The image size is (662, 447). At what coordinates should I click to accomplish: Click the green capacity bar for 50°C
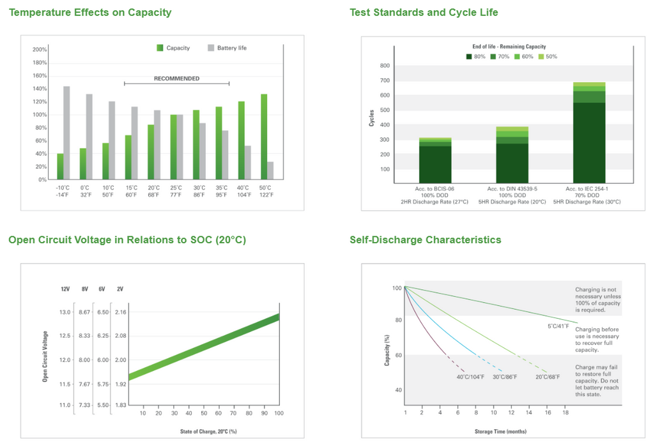263,137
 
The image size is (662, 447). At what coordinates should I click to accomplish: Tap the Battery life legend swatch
212,48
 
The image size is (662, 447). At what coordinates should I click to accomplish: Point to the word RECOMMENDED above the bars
176,79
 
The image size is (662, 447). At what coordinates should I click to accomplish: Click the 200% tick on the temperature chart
40,50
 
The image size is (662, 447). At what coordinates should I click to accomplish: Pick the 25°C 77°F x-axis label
176,191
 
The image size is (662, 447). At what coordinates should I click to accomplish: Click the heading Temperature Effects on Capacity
90,12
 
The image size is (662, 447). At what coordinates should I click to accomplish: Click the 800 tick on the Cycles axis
385,66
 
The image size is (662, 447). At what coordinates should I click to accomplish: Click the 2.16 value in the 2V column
120,312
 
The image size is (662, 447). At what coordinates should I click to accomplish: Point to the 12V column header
65,289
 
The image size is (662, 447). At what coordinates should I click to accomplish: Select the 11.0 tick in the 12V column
65,405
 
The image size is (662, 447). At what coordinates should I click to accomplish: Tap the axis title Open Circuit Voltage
45,356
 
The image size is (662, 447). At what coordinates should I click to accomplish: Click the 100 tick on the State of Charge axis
279,414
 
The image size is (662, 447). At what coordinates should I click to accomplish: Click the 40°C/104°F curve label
469,377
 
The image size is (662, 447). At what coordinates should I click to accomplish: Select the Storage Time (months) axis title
500,431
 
